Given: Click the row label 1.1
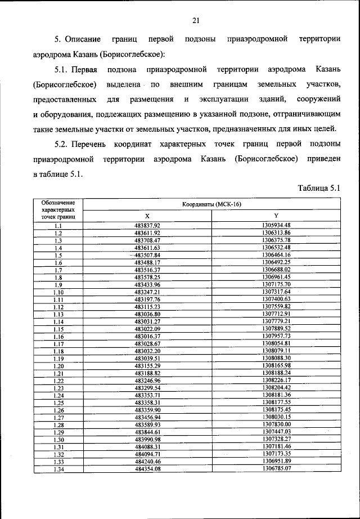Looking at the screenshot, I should (x=58, y=225).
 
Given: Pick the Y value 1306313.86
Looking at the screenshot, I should (x=276, y=232).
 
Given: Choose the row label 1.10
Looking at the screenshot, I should (x=58, y=292).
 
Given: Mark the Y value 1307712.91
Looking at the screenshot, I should (x=276, y=314).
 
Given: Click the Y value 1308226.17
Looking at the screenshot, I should (x=276, y=381).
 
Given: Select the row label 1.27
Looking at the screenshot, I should (x=58, y=417).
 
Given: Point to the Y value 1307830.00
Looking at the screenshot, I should (x=276, y=424).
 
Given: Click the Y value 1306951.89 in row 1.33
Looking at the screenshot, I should (x=276, y=461).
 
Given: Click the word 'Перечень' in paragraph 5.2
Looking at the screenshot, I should (x=95, y=145).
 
